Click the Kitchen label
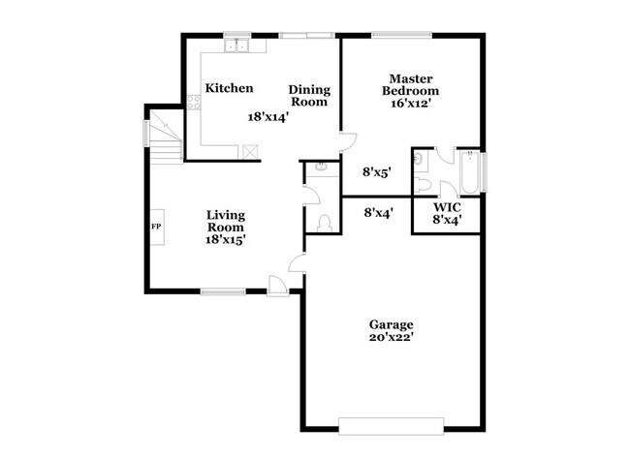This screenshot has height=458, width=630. (229, 88)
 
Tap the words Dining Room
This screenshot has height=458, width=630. (309, 95)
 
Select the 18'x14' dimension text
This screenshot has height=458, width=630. (268, 116)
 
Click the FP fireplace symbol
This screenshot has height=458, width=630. (155, 227)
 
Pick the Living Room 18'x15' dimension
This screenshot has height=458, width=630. (224, 239)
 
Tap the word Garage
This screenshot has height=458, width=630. (391, 324)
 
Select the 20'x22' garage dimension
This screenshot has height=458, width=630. (391, 338)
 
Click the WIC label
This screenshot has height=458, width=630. (446, 207)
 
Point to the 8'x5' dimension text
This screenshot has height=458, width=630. (376, 172)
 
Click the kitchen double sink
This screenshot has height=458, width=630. (237, 45)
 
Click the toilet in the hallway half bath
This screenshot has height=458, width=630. (324, 223)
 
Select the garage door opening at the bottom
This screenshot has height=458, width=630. (391, 424)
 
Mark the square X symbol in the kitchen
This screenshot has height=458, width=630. (251, 151)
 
